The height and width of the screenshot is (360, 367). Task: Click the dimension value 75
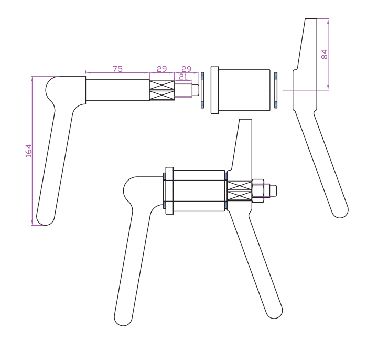tap(117, 69)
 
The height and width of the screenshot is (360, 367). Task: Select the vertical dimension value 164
tap(28, 151)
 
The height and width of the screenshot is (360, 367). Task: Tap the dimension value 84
tap(324, 55)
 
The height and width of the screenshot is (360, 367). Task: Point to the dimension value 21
tap(183, 77)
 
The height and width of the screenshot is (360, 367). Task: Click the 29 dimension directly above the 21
tap(187, 69)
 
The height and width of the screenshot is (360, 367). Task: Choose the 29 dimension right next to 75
tap(161, 69)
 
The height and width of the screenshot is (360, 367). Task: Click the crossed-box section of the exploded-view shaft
tap(161, 90)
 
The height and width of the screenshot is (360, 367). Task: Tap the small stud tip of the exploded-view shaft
tap(196, 90)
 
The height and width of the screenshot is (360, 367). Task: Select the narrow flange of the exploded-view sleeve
tap(214, 90)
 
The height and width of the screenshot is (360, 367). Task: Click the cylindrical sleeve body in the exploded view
tap(244, 90)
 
